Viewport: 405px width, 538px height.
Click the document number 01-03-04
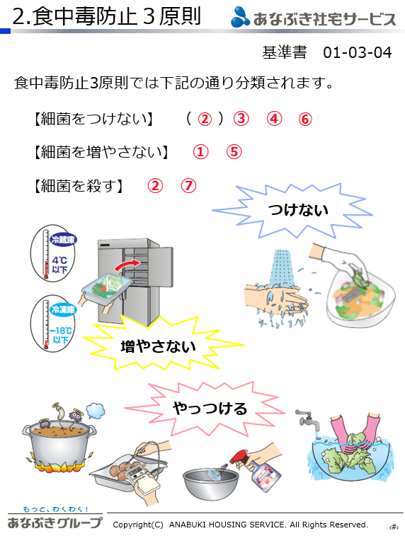(358, 53)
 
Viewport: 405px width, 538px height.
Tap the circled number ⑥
(305, 119)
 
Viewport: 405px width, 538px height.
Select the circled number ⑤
(234, 152)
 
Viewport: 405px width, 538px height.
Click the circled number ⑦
(188, 186)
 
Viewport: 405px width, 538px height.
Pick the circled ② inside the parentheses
(205, 119)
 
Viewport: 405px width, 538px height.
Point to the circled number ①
(200, 152)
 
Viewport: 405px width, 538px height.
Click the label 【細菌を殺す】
(79, 186)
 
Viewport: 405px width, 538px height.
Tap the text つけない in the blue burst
(298, 210)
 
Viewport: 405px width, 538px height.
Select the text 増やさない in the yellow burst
(158, 346)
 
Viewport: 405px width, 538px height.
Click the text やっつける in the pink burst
(210, 409)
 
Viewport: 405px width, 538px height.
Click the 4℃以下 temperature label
(59, 265)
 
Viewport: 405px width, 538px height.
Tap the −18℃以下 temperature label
(61, 335)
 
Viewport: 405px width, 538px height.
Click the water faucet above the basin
(308, 421)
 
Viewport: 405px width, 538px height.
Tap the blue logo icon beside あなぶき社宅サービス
(240, 17)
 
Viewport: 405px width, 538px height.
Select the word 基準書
(284, 53)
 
